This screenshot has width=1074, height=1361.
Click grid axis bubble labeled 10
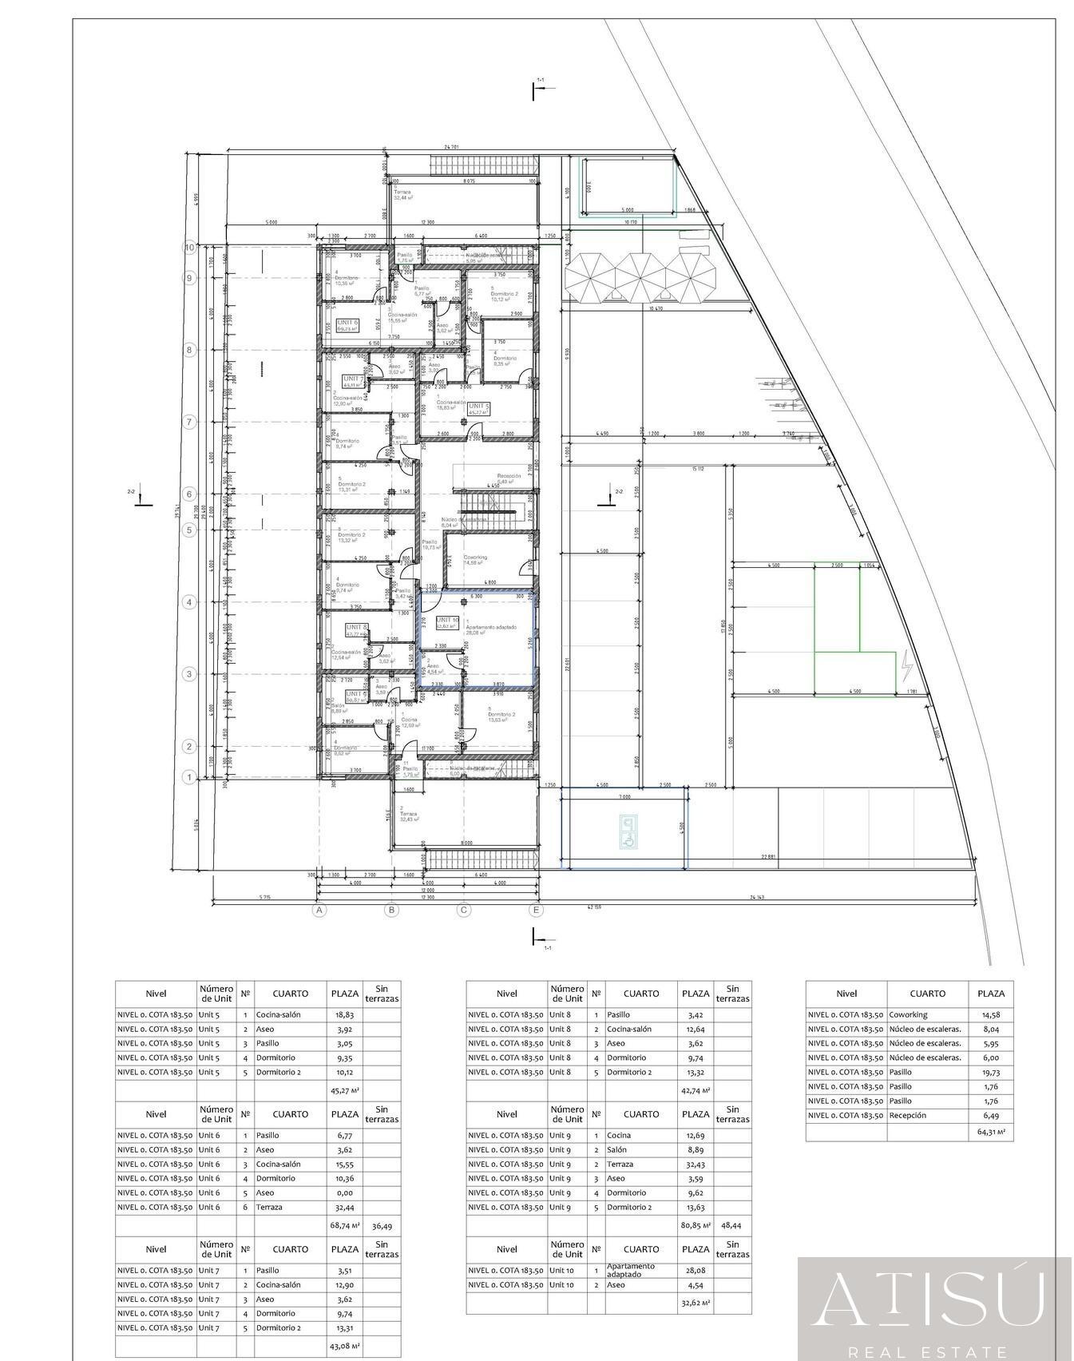189,248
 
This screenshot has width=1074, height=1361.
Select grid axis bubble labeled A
319,909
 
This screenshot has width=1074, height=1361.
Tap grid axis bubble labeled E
536,909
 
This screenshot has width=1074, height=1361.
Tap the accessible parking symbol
628,832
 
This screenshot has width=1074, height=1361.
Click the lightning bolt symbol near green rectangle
906,665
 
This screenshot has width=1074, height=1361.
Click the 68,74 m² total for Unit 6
345,1224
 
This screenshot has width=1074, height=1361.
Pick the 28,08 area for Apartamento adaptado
696,1270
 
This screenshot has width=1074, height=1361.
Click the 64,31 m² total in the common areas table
991,1131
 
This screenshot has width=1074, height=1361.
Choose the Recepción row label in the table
908,1115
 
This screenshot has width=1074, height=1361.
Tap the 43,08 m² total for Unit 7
345,1345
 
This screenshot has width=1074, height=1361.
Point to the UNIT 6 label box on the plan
347,325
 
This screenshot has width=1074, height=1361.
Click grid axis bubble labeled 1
189,777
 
